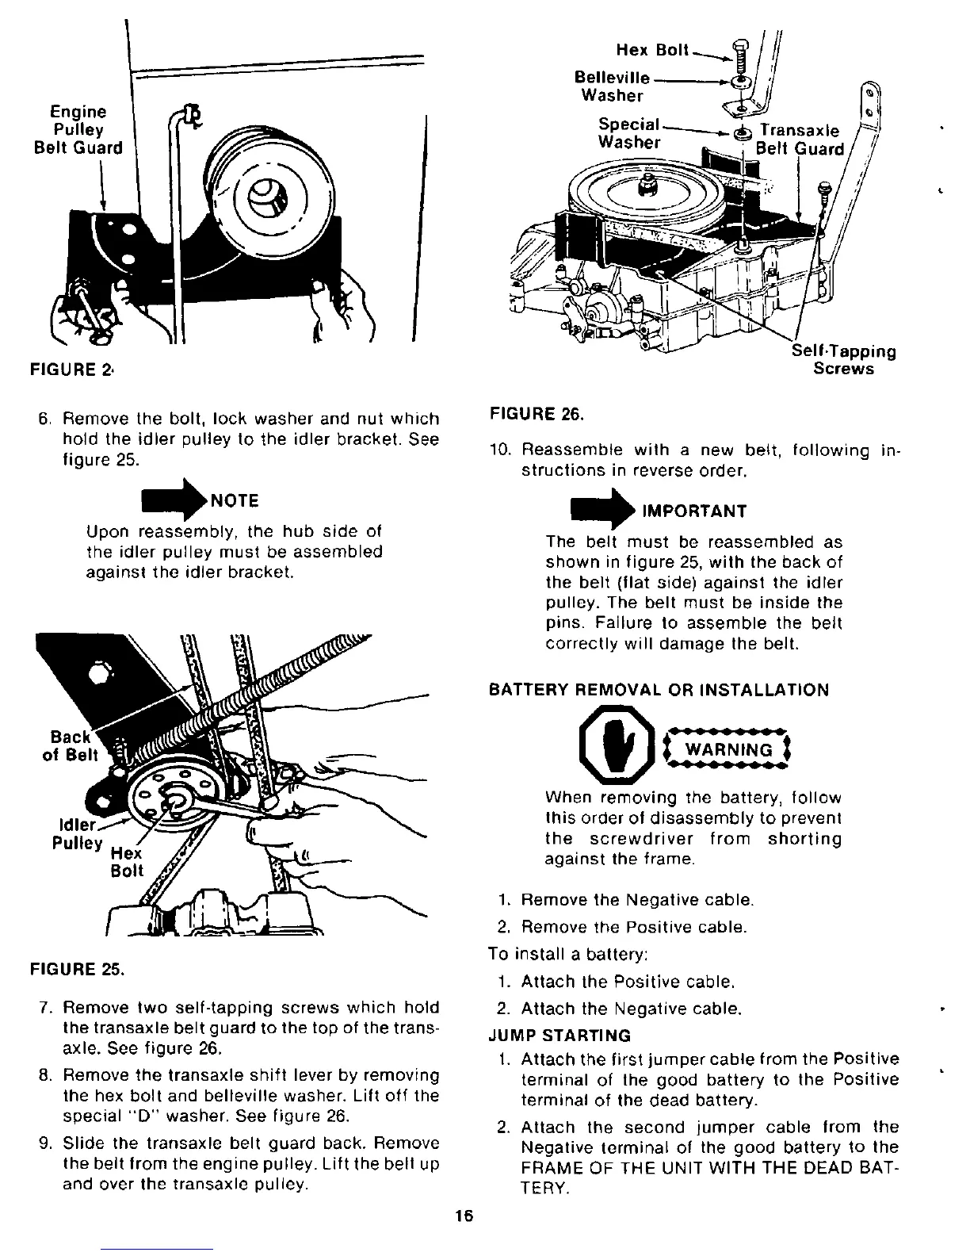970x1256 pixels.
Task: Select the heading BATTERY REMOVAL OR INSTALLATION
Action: [659, 690]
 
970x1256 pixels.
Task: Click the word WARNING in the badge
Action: [727, 750]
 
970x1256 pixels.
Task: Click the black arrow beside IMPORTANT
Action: [600, 510]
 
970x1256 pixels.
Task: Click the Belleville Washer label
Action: [612, 87]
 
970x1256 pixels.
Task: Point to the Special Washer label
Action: [629, 134]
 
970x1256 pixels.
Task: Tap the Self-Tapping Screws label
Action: [844, 360]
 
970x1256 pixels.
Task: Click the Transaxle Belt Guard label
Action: [799, 140]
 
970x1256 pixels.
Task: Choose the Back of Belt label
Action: [71, 746]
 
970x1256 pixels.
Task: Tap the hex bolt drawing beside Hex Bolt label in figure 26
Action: [740, 54]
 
